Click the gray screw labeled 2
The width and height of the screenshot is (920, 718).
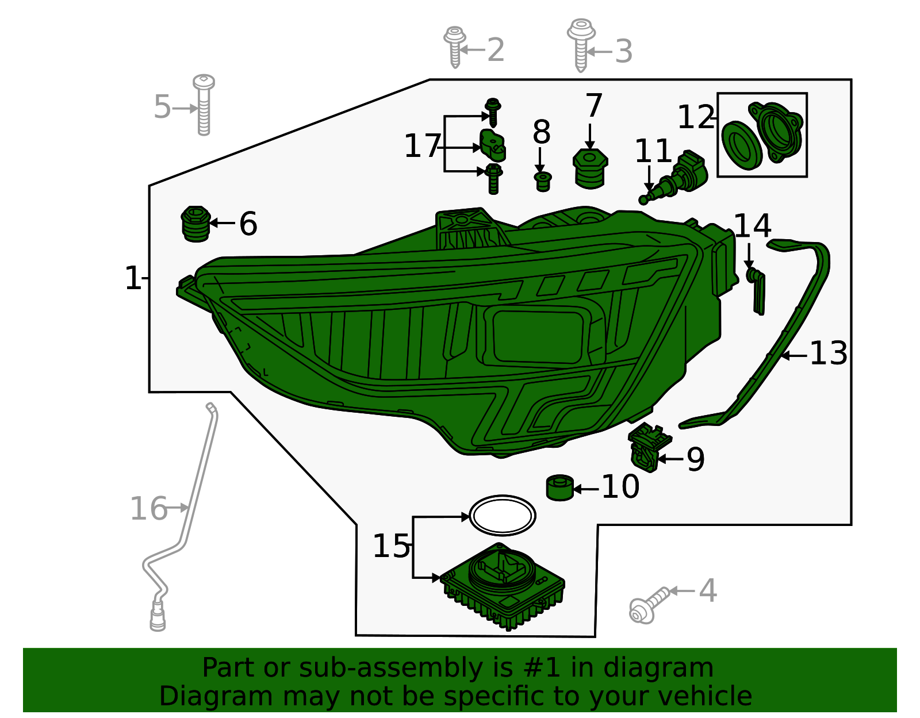455,47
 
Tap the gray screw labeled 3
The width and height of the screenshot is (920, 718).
581,44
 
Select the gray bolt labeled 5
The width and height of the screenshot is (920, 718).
204,105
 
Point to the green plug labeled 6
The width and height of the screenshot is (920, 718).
195,224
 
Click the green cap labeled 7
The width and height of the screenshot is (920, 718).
590,168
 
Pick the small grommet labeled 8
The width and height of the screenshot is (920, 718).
543,182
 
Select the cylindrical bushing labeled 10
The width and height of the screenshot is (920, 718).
560,487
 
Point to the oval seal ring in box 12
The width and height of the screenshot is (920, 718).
742,145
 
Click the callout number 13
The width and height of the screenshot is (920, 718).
828,354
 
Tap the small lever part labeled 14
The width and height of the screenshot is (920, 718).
756,290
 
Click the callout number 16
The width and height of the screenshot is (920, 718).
148,509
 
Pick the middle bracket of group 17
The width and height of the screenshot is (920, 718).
492,146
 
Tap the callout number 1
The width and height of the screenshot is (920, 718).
132,278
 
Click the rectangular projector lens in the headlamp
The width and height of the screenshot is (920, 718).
538,337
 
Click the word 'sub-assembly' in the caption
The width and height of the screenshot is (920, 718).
391,668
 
